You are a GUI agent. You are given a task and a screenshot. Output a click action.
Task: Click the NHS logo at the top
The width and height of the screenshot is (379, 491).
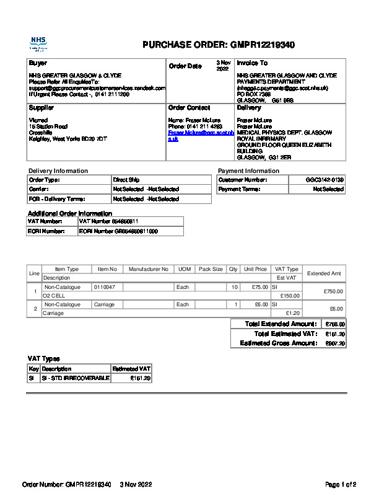click(38, 43)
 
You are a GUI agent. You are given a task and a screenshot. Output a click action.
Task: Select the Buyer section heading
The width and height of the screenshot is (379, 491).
click(38, 63)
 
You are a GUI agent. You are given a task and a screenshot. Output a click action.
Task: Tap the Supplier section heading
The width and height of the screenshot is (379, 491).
click(41, 108)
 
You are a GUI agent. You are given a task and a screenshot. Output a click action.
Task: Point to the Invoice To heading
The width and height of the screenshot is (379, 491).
click(252, 63)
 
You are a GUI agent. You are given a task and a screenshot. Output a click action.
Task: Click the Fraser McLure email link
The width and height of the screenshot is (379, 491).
click(201, 136)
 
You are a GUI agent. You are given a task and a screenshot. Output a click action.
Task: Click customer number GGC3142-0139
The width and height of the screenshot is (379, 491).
click(325, 180)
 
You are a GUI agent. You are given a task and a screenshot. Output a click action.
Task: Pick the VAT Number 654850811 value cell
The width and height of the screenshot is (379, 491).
click(108, 221)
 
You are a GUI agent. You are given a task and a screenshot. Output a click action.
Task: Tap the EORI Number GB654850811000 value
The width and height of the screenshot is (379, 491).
click(118, 231)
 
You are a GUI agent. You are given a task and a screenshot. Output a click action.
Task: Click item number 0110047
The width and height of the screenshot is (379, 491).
click(105, 287)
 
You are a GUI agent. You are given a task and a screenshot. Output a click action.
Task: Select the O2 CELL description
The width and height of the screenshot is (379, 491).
click(54, 296)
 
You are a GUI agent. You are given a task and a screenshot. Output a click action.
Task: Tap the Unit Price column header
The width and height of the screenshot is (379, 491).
click(255, 269)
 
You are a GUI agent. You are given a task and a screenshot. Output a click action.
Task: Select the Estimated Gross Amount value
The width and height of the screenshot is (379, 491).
click(335, 343)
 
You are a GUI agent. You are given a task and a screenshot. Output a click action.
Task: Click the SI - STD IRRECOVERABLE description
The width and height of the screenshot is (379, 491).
click(75, 378)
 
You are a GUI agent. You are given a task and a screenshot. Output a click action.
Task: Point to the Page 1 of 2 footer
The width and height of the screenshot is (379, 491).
click(341, 484)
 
